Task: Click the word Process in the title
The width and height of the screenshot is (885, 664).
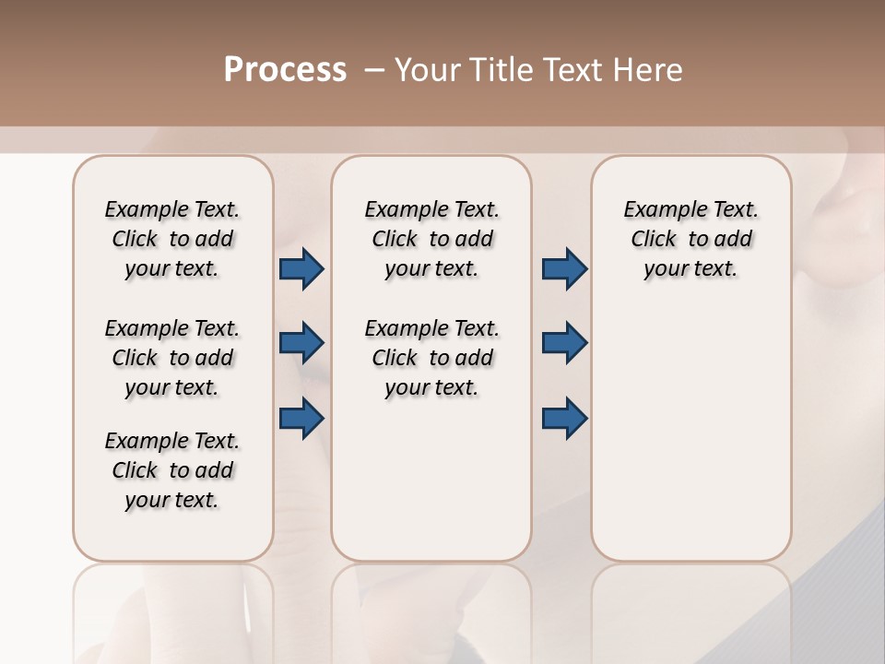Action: point(285,70)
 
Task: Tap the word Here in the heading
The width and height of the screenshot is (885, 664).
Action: point(649,70)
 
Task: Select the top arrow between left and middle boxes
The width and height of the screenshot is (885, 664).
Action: point(301,269)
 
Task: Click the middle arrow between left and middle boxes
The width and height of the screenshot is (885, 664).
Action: point(301,344)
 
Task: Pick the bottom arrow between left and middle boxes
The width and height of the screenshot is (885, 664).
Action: point(301,419)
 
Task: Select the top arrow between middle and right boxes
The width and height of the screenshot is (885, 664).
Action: point(564,269)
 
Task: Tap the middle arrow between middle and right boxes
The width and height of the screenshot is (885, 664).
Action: point(564,344)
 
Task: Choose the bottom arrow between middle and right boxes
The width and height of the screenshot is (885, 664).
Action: point(564,419)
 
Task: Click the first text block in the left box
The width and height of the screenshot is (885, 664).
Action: point(172,239)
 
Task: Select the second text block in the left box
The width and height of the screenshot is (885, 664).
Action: point(172,358)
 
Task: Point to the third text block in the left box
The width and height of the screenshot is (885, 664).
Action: point(172,470)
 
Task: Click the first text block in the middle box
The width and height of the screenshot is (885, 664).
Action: point(431,239)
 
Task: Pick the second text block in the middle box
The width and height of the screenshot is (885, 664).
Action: point(431,358)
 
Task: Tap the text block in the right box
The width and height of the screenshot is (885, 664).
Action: point(691,239)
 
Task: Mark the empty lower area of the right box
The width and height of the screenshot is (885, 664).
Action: point(691,424)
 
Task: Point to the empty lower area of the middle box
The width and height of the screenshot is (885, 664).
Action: point(431,480)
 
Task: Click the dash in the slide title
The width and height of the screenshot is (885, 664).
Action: point(374,70)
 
